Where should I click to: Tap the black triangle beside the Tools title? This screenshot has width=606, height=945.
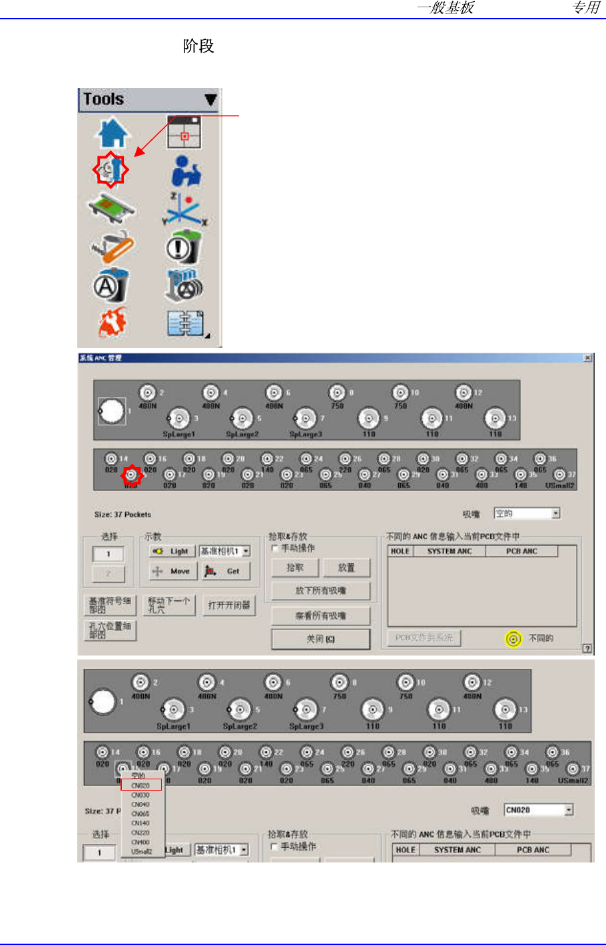pyautogui.click(x=210, y=100)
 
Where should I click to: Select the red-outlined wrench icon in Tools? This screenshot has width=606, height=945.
pyautogui.click(x=111, y=170)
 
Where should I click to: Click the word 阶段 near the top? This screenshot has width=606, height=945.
pyautogui.click(x=198, y=46)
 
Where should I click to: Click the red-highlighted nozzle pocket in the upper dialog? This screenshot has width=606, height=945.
pyautogui.click(x=132, y=474)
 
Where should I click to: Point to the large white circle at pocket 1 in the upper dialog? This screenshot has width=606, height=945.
pyautogui.click(x=111, y=411)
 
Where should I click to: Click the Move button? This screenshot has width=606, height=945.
pyautogui.click(x=172, y=571)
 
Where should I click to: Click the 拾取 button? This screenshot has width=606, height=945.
pyautogui.click(x=294, y=568)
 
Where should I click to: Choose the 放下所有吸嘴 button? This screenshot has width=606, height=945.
pyautogui.click(x=320, y=590)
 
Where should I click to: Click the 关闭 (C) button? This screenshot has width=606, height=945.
pyautogui.click(x=320, y=639)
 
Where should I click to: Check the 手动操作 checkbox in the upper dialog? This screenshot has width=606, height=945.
pyautogui.click(x=274, y=548)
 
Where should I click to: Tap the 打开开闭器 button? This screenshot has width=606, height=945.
pyautogui.click(x=229, y=605)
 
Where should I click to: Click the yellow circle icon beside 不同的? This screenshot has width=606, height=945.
pyautogui.click(x=513, y=639)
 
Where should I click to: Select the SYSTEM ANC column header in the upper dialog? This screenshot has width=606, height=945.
pyautogui.click(x=450, y=551)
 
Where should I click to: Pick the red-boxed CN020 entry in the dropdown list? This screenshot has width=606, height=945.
pyautogui.click(x=141, y=785)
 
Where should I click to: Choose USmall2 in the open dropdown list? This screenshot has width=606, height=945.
pyautogui.click(x=141, y=851)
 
